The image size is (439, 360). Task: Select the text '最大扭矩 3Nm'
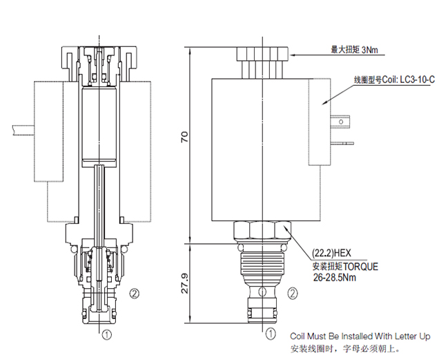(x=356, y=50)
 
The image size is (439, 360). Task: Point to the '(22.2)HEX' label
(x=331, y=253)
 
